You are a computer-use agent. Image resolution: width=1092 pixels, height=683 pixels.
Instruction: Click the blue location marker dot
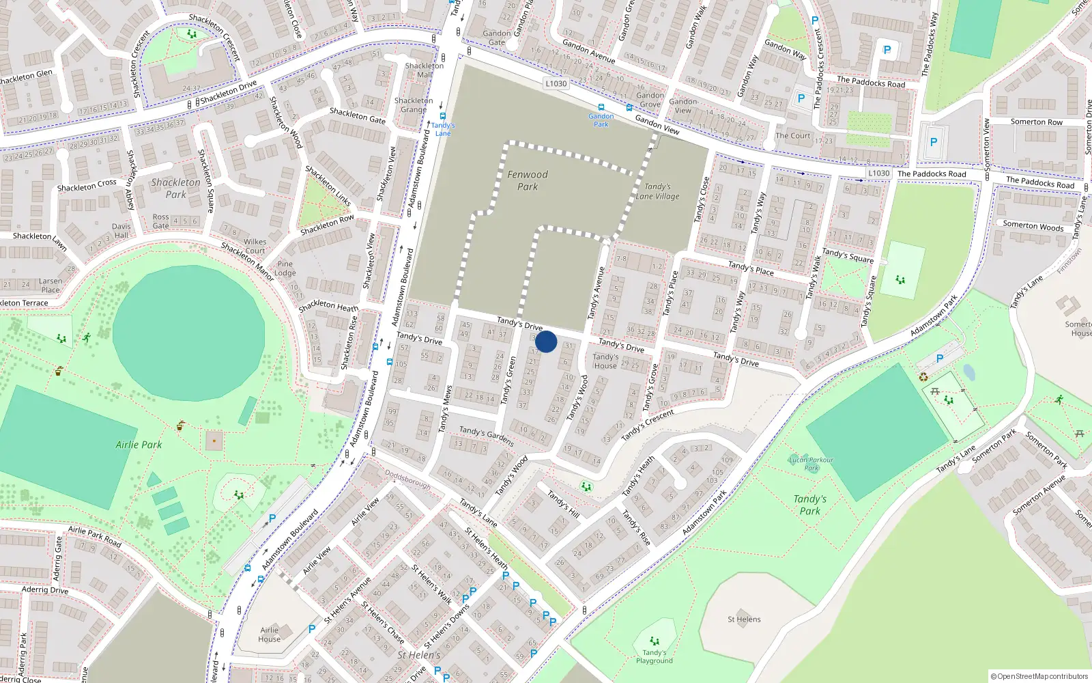coord(546,341)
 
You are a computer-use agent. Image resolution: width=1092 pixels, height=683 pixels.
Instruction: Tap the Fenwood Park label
coord(528,180)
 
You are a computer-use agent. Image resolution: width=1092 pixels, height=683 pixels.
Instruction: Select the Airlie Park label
coord(139,445)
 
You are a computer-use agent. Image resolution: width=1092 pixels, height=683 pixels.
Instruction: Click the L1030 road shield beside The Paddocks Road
coord(879,173)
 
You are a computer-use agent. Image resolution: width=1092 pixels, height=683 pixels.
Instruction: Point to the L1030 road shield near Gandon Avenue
coord(556,83)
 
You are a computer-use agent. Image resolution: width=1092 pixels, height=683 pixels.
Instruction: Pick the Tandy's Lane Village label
coord(657,191)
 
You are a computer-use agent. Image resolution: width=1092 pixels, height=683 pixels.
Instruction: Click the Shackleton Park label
coord(175,188)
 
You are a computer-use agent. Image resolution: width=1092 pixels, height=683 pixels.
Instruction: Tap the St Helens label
coord(744,619)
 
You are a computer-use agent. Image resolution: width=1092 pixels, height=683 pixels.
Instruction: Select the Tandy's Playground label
coord(654,656)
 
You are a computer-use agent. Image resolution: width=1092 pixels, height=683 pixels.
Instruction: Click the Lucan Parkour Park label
coord(811,464)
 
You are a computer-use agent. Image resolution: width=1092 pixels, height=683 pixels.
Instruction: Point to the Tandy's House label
coord(605,361)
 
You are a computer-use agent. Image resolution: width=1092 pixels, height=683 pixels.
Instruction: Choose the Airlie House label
coord(269,635)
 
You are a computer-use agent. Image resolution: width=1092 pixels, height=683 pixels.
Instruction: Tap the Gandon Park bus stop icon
coord(601,107)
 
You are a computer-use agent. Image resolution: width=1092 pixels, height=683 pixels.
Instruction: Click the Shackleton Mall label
coord(424,70)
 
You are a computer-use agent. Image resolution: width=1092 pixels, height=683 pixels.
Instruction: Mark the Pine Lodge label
coord(285,268)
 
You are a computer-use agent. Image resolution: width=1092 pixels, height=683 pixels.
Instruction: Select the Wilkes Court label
coord(255,246)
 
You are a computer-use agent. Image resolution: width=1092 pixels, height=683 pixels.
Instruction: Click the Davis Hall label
coord(121,231)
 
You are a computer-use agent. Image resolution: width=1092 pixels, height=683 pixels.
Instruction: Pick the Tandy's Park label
coord(809,505)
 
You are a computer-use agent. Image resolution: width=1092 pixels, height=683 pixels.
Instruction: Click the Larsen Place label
coord(50,285)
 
